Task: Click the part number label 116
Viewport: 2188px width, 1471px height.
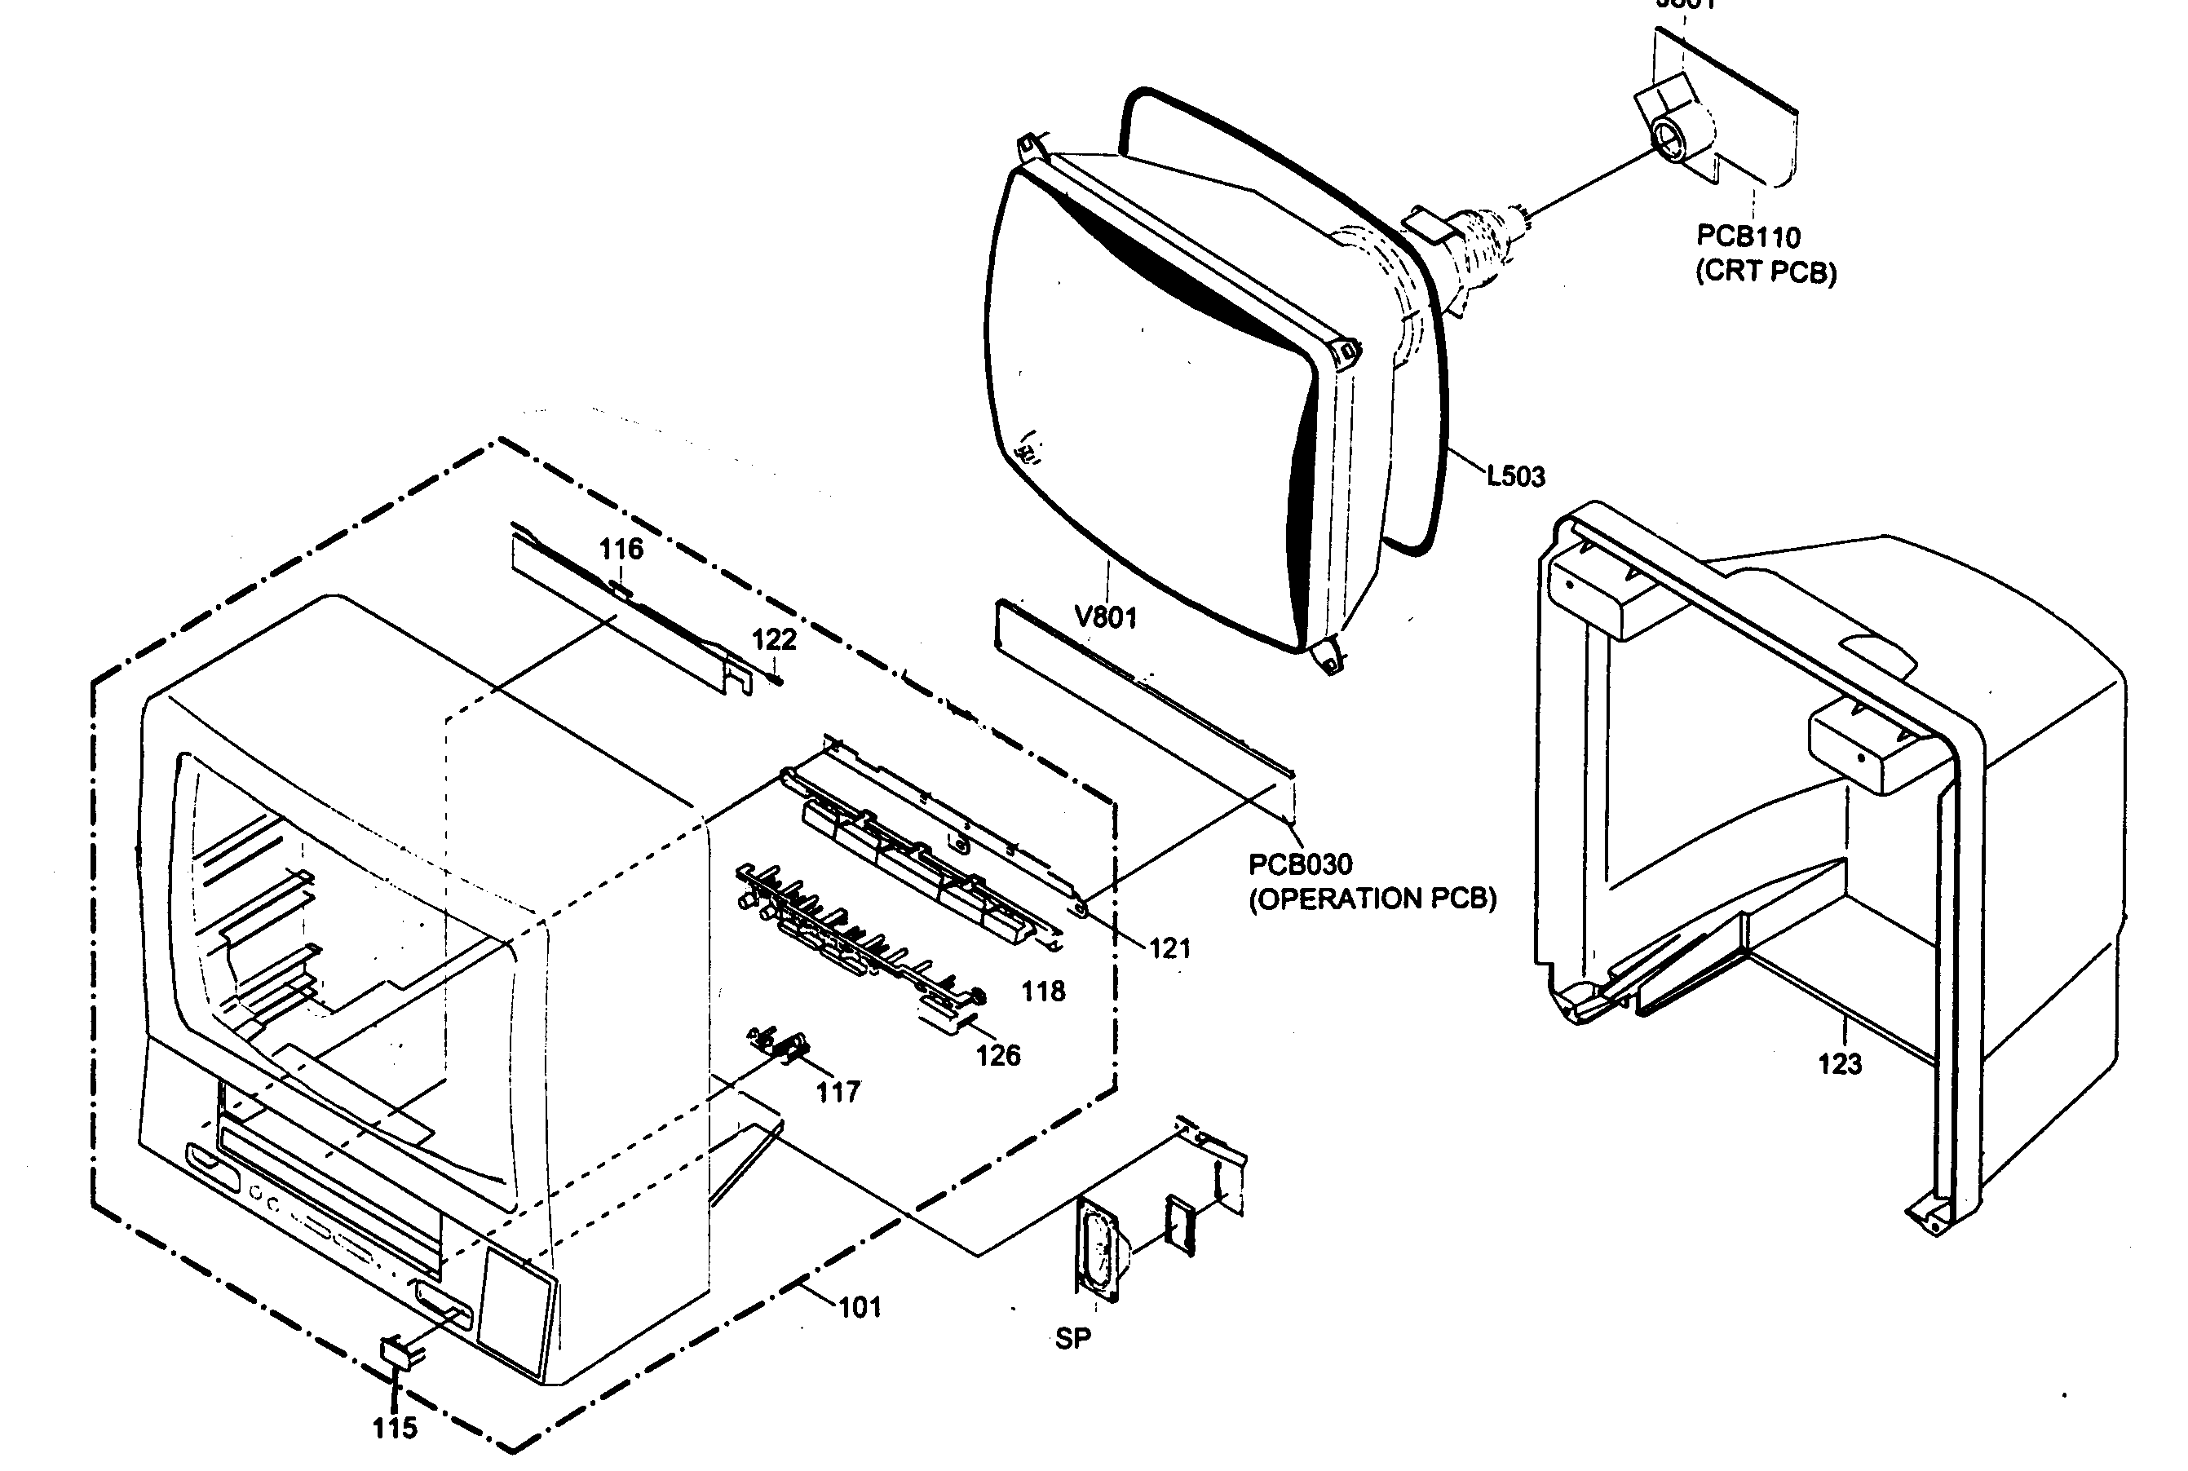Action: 621,549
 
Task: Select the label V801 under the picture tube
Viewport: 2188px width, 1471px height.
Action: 1105,617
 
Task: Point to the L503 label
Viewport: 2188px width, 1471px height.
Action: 1515,476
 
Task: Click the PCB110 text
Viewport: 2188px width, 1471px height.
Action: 1748,236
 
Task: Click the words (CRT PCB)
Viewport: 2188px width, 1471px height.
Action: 1765,272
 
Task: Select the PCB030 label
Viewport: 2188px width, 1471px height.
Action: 1299,864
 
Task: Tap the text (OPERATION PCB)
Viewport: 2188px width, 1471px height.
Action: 1372,899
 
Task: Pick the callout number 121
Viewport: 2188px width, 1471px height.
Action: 1169,948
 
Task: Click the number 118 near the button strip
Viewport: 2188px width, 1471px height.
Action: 1043,992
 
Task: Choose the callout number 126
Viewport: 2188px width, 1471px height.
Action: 997,1056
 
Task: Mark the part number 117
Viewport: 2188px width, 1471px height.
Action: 838,1092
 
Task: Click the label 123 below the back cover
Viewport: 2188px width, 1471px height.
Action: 1839,1064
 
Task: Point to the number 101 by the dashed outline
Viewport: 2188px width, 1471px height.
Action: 860,1307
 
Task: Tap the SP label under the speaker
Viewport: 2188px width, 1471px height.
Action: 1072,1339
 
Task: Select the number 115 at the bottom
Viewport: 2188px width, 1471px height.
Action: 394,1428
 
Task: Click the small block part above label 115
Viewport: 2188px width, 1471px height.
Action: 398,1354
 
